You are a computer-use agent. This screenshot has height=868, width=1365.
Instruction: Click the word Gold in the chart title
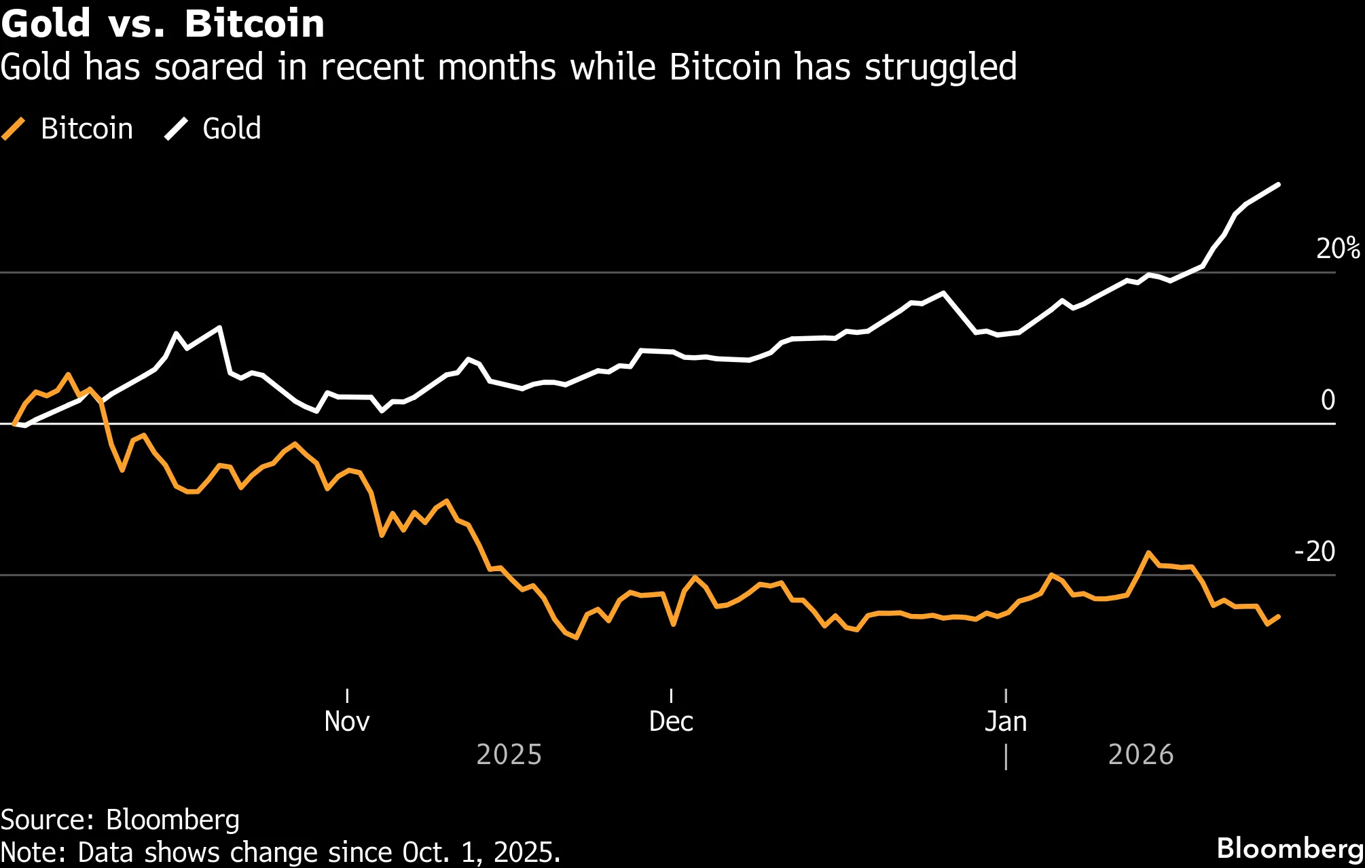(x=45, y=24)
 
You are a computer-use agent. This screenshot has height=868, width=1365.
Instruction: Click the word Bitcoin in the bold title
(x=255, y=24)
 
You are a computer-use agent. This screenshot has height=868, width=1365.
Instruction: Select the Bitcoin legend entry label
(x=87, y=128)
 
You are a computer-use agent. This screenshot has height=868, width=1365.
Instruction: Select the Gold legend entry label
(x=232, y=128)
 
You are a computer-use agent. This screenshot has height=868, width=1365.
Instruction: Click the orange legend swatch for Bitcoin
(x=14, y=128)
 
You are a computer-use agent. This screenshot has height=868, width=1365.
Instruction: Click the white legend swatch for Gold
(x=176, y=128)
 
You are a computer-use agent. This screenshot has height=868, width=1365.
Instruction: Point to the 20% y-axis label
(x=1338, y=249)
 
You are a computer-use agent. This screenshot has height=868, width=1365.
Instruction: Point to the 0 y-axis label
(x=1328, y=400)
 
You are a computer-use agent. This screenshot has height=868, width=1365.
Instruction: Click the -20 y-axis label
(x=1315, y=551)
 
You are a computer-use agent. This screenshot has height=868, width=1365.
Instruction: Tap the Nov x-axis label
(x=347, y=721)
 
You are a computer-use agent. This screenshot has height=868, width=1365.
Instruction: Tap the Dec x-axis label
(x=671, y=721)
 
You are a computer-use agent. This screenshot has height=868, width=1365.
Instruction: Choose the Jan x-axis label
(x=1006, y=721)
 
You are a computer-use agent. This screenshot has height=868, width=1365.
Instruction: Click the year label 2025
(x=509, y=755)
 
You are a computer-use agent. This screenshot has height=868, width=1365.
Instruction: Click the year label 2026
(x=1141, y=755)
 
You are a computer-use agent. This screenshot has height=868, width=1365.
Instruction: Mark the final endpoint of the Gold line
(x=1279, y=185)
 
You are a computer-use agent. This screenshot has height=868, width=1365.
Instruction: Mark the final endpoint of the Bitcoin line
(x=1279, y=617)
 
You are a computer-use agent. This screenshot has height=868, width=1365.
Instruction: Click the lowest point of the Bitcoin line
(x=577, y=638)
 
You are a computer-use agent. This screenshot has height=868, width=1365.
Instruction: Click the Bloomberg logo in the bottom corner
(x=1290, y=848)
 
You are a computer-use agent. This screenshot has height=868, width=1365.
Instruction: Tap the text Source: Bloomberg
(x=120, y=820)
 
